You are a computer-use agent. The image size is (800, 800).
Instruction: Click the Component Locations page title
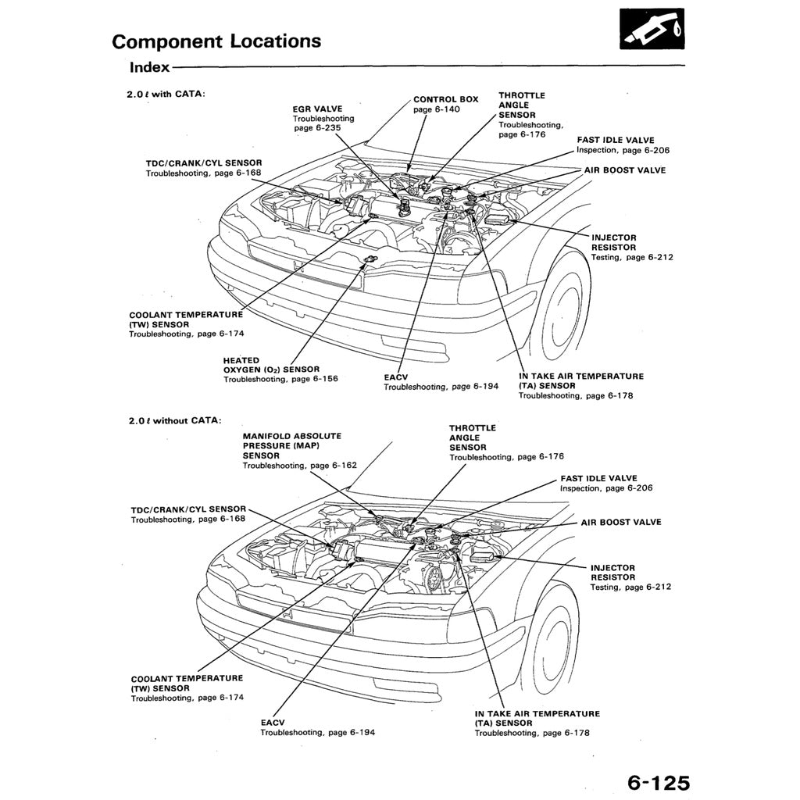pyautogui.click(x=216, y=41)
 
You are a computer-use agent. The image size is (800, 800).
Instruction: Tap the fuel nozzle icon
pyautogui.click(x=651, y=29)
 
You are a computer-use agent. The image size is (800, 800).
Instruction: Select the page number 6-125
pyautogui.click(x=658, y=783)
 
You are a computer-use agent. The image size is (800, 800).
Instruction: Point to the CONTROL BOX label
pyautogui.click(x=445, y=99)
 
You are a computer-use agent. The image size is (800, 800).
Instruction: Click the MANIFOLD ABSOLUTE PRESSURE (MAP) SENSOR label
pyautogui.click(x=291, y=445)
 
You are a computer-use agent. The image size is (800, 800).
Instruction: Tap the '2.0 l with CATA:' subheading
pyautogui.click(x=166, y=95)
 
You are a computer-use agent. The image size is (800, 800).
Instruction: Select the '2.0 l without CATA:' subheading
pyautogui.click(x=175, y=420)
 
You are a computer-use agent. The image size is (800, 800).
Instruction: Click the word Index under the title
pyautogui.click(x=150, y=67)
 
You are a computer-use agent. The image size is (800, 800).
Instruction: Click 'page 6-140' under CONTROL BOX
pyautogui.click(x=437, y=109)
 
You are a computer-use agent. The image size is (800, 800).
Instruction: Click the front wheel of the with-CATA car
pyautogui.click(x=565, y=305)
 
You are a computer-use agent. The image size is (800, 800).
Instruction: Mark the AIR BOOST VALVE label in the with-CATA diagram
pyautogui.click(x=625, y=170)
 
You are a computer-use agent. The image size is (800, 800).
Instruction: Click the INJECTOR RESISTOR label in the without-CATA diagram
pyautogui.click(x=612, y=573)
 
